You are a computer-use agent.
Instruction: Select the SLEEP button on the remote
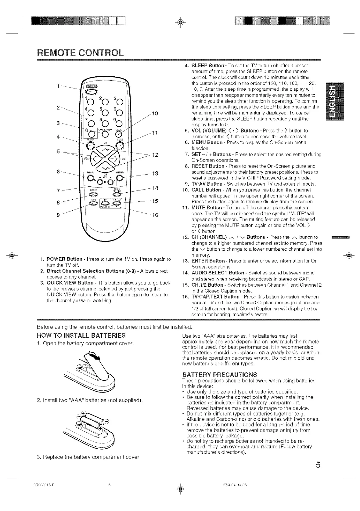[x=91, y=145]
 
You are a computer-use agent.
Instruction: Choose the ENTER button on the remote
[x=119, y=178]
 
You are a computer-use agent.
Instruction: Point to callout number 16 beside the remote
[x=155, y=215]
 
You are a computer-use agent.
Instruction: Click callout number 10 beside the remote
[x=155, y=114]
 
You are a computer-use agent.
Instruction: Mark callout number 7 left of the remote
[x=58, y=191]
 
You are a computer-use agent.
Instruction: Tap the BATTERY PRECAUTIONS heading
[x=219, y=375]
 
